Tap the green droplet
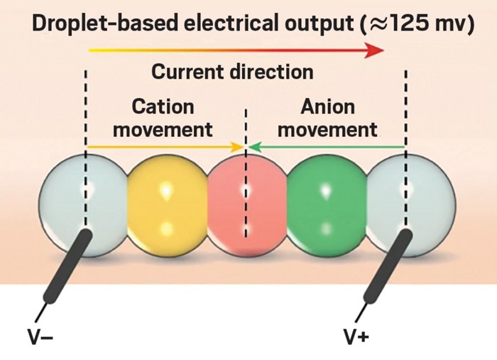327,206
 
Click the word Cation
163,107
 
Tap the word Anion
327,107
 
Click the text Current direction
232,72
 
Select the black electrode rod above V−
68,267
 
